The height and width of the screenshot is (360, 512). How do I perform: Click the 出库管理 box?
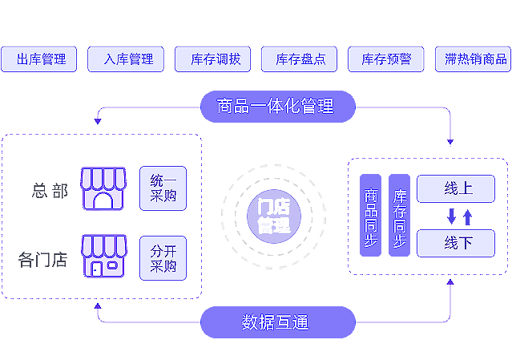pos(41,59)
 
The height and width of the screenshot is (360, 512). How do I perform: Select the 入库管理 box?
pos(127,59)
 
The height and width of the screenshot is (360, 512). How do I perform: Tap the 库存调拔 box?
pos(214,59)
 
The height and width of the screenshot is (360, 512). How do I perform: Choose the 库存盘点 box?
pos(300,59)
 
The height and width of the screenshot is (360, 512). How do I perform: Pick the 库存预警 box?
pos(386,59)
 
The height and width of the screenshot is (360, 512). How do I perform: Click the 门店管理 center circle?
pos(274,216)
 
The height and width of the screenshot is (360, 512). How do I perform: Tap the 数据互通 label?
pos(275,323)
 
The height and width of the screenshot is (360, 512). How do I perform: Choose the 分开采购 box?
pos(163,257)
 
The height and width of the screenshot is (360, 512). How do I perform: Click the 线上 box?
pos(458,188)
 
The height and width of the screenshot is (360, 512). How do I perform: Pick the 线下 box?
pos(458,242)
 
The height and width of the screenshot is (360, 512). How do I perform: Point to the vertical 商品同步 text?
pos(371,217)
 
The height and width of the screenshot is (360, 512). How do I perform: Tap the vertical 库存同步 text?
pos(399,217)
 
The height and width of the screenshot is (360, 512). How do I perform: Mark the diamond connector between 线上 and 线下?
pos(458,216)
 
